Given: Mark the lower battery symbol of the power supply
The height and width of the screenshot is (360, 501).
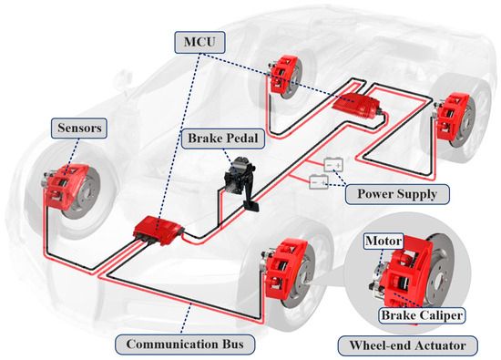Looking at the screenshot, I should (x=319, y=183).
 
